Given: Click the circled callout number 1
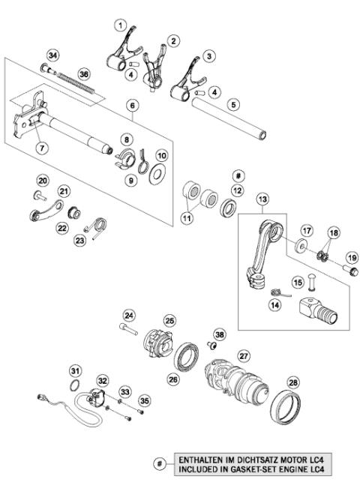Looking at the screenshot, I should [118, 25].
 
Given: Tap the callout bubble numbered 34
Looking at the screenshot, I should [52, 55].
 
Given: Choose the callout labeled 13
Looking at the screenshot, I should [262, 199].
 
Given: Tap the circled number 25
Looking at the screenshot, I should [169, 320].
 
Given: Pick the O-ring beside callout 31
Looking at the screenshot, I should [75, 387].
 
